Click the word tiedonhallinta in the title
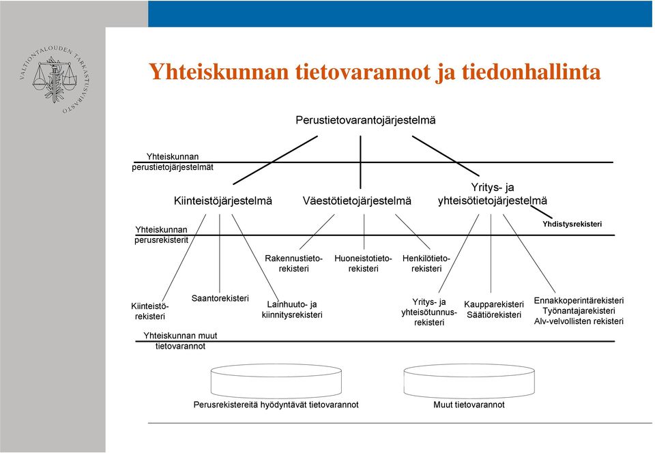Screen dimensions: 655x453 [531, 72]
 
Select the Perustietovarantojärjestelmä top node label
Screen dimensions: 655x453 [366, 120]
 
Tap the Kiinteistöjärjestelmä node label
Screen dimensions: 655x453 [222, 201]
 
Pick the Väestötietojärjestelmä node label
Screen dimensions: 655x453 [357, 201]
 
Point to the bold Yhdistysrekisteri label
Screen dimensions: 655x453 [572, 224]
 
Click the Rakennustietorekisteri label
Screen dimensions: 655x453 [293, 263]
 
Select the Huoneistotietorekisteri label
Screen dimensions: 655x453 [363, 263]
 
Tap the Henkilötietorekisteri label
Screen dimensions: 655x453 [426, 263]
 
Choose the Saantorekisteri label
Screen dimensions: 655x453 [220, 298]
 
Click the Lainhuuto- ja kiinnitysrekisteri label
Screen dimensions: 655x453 [292, 309]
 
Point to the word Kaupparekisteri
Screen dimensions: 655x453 [494, 304]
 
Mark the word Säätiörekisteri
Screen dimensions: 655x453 [494, 315]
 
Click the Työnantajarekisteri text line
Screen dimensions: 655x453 [579, 311]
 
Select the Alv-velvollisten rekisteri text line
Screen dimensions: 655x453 [579, 321]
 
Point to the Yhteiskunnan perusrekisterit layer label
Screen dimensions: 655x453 [161, 235]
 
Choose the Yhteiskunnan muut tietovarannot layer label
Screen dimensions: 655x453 [180, 340]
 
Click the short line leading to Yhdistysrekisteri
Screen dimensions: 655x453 [538, 210]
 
